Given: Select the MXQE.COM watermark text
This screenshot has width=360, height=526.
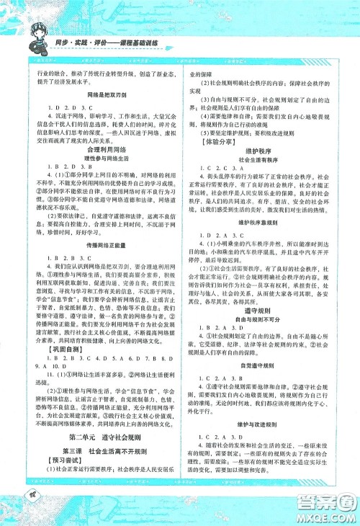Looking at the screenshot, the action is coord(329,513).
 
